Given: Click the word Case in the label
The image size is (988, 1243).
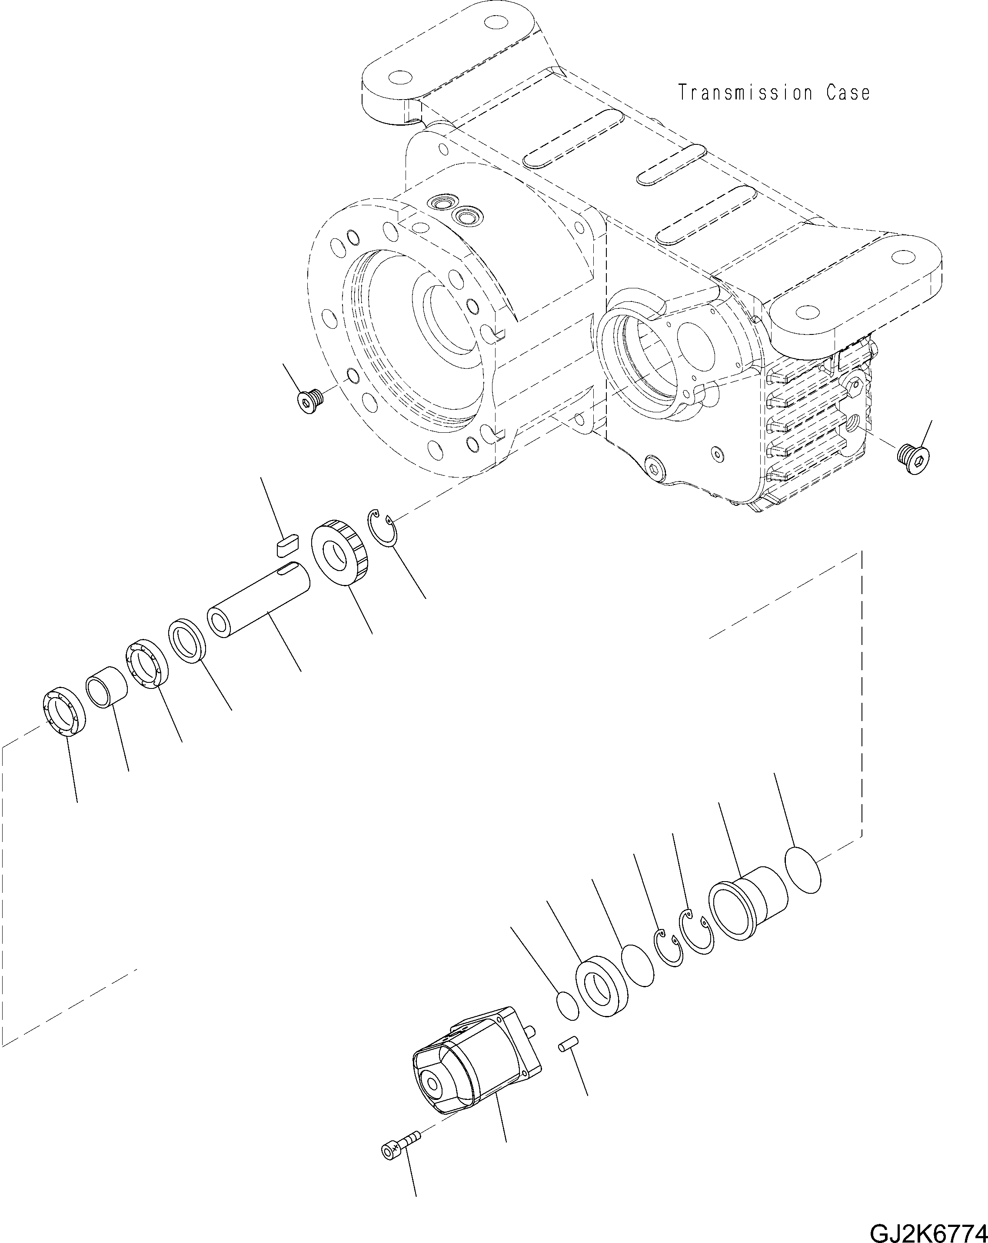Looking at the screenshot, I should (x=848, y=93).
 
